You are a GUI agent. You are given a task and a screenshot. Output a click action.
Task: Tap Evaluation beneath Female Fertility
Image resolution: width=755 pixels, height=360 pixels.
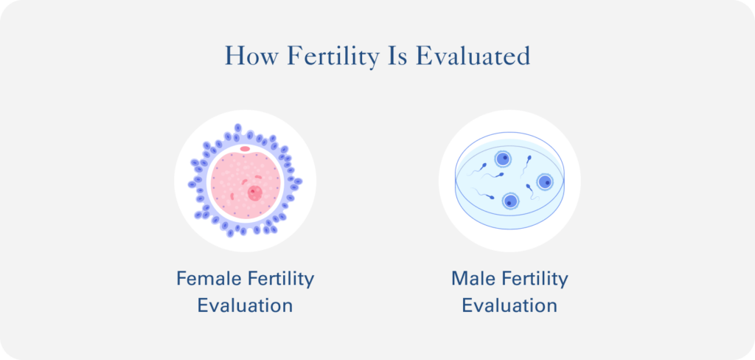(245, 305)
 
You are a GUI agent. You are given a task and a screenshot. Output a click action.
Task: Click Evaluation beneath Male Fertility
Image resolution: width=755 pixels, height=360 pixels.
(509, 305)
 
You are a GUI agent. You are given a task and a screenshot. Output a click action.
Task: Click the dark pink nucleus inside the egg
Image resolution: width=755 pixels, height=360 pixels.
(254, 193)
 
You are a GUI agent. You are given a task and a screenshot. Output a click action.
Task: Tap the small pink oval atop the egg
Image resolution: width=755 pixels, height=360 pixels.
(245, 149)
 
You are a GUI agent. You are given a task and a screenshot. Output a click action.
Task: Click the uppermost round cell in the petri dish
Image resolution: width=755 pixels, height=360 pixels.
(502, 158)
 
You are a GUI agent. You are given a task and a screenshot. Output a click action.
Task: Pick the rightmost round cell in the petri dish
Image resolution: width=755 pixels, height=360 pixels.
(544, 181)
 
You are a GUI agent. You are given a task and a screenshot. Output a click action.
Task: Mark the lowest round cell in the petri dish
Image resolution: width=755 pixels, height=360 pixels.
(509, 201)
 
